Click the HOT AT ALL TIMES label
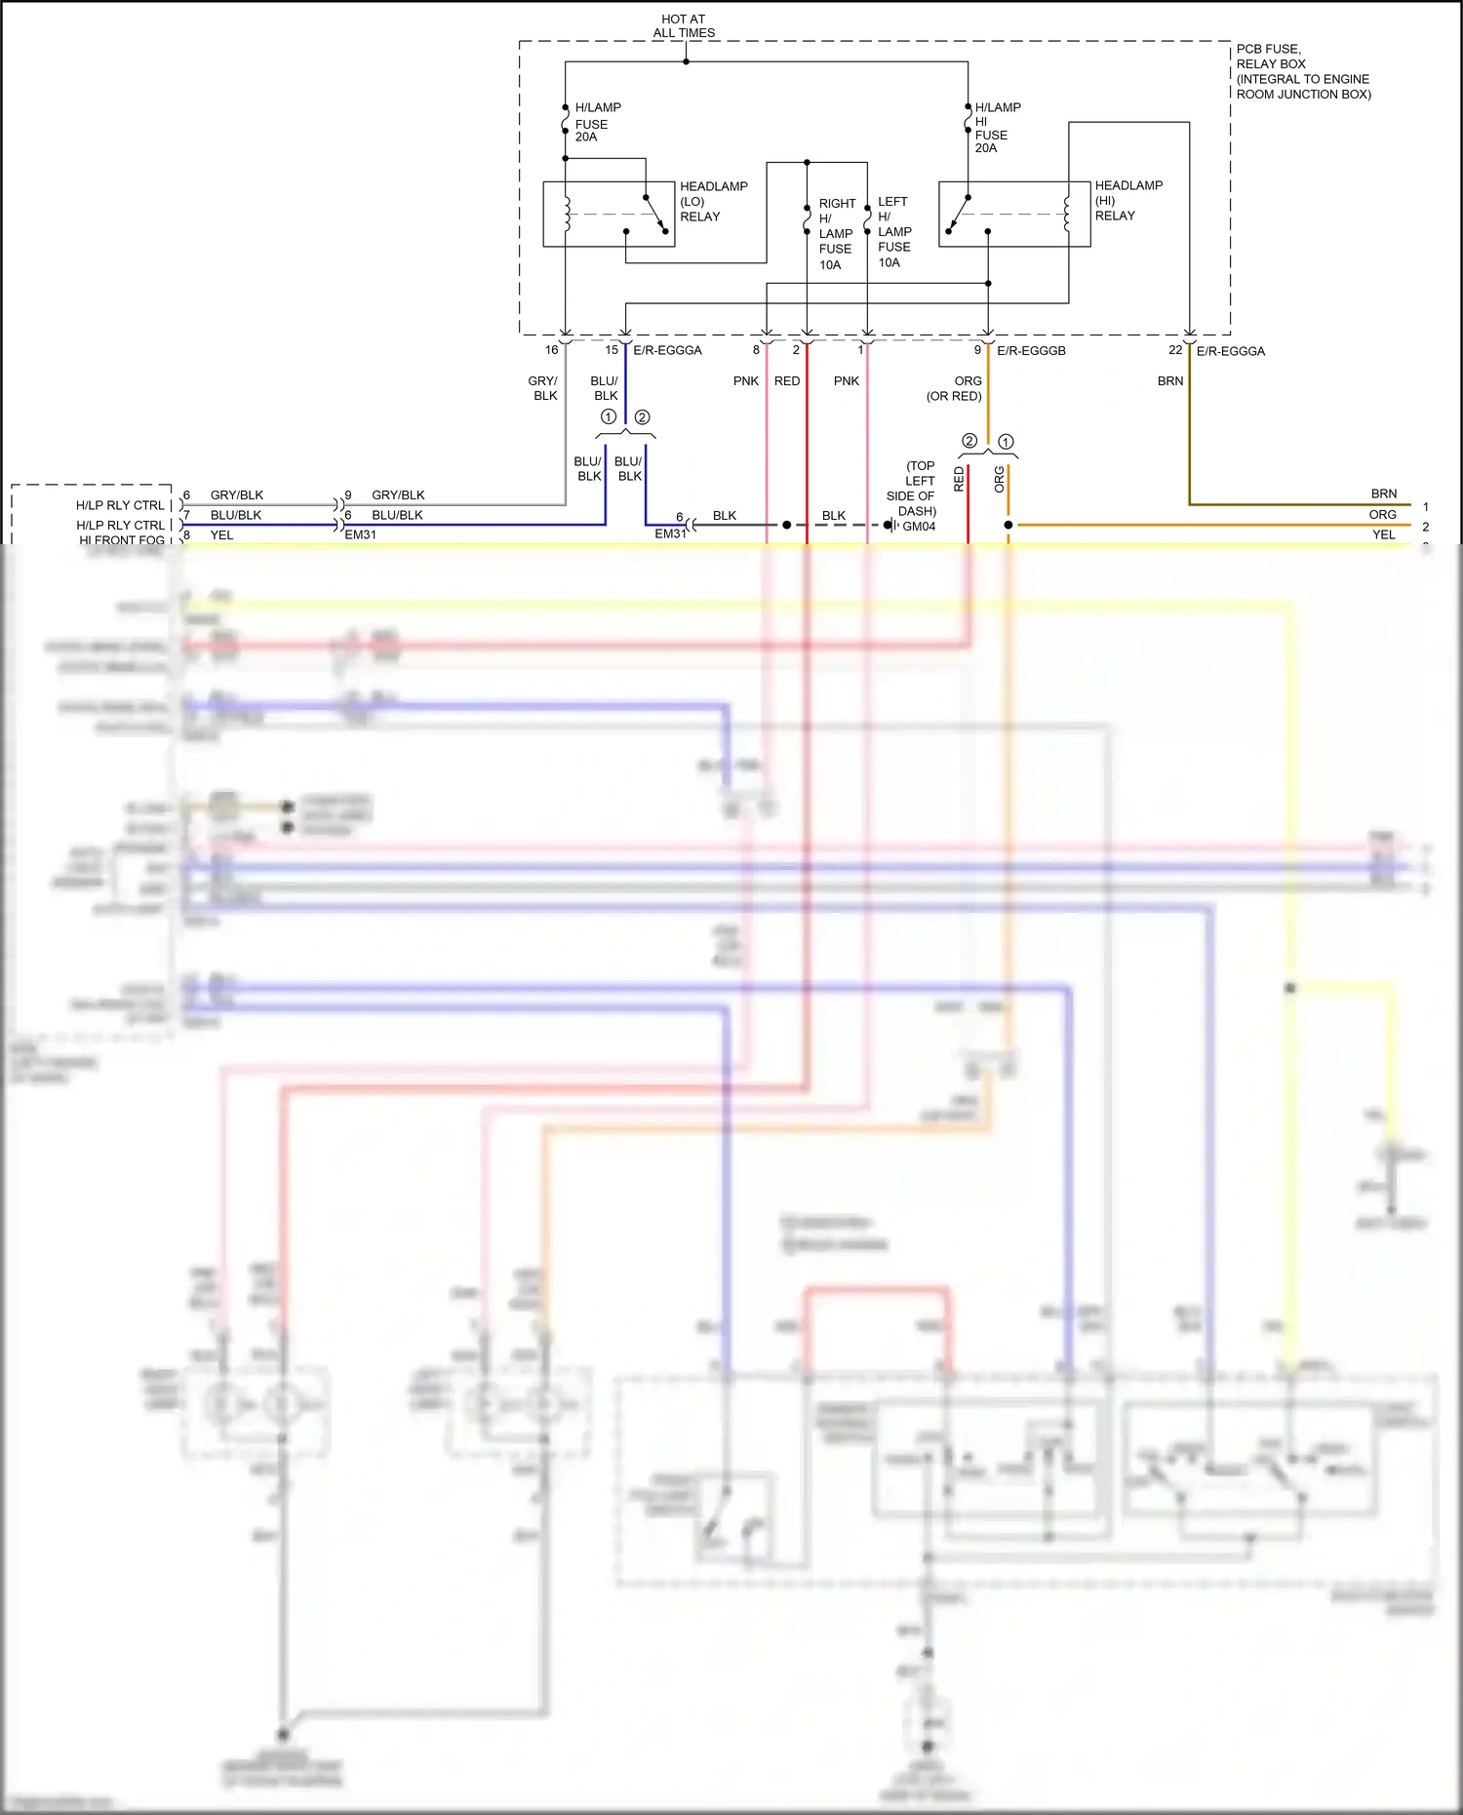(684, 26)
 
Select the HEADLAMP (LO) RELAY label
(713, 201)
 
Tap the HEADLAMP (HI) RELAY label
(1127, 200)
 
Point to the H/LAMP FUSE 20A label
(597, 122)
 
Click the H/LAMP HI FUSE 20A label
(997, 128)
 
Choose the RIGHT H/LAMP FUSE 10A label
(836, 234)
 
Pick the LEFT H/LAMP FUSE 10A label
(893, 232)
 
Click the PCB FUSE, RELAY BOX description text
(1302, 71)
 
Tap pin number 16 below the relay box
(551, 350)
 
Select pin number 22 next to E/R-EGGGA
(1175, 350)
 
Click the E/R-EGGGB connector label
(1031, 351)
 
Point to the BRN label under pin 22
(1170, 381)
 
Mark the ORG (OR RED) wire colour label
(955, 389)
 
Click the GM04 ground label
(919, 527)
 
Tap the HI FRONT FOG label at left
(122, 540)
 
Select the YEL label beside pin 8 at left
(221, 535)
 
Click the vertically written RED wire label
(959, 479)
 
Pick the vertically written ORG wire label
(999, 479)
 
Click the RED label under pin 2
(786, 381)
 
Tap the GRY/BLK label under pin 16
(543, 388)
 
